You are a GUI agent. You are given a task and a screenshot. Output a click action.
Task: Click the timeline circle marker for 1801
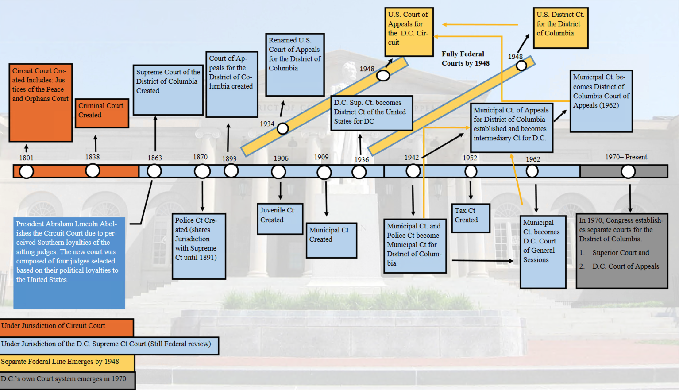click(27, 171)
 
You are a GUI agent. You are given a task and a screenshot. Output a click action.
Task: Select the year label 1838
click(93, 157)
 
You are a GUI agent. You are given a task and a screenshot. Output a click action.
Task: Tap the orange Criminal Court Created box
click(102, 113)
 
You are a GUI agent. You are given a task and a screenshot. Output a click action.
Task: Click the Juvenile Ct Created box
click(280, 218)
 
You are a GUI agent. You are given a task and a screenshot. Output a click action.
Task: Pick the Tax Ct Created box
click(470, 218)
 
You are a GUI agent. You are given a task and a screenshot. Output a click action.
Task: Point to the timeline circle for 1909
click(324, 172)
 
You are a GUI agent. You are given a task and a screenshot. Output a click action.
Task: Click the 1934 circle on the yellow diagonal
click(282, 129)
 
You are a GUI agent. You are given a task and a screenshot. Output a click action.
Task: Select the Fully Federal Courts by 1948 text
click(465, 58)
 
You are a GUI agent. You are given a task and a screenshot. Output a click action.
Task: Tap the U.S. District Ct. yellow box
click(560, 27)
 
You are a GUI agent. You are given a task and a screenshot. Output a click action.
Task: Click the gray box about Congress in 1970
click(621, 251)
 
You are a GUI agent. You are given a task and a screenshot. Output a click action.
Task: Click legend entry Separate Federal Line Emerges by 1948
click(67, 363)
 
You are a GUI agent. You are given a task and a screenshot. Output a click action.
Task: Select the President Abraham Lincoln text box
click(69, 262)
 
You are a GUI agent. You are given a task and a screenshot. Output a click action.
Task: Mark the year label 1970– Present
click(626, 157)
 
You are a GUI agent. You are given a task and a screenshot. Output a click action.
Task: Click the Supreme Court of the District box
click(168, 89)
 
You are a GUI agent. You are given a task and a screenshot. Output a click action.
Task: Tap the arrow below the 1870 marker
click(202, 195)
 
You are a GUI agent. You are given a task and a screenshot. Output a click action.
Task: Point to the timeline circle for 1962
click(532, 171)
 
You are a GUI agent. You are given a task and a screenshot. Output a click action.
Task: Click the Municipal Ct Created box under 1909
click(331, 240)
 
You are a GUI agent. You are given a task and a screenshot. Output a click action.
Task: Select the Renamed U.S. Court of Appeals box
click(295, 64)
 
